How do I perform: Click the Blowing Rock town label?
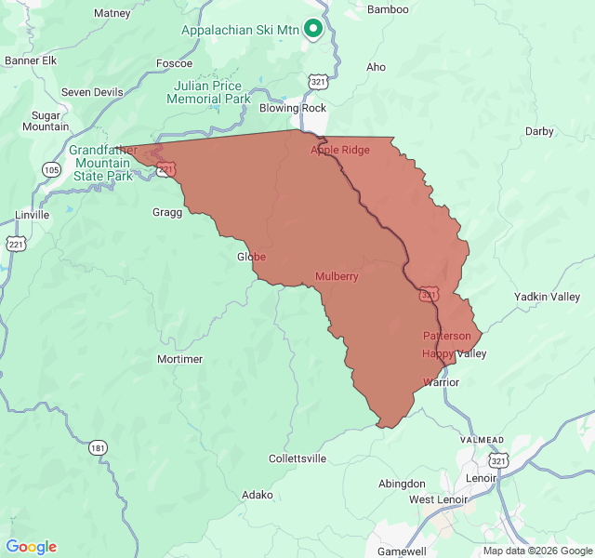(292, 108)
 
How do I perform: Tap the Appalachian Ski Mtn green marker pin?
(313, 29)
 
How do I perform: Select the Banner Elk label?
(31, 60)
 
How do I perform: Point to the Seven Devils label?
(92, 92)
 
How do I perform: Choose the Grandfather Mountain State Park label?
(103, 163)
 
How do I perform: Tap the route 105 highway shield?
(51, 169)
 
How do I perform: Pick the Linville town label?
(32, 215)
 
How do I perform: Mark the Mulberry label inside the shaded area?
(337, 276)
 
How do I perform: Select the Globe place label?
(251, 257)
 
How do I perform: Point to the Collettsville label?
(297, 458)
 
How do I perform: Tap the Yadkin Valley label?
(547, 297)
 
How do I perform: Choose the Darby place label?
(539, 131)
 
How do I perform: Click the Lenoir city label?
(482, 478)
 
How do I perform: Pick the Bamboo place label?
(388, 9)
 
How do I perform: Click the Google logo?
(32, 547)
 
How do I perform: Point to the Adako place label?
(258, 495)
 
